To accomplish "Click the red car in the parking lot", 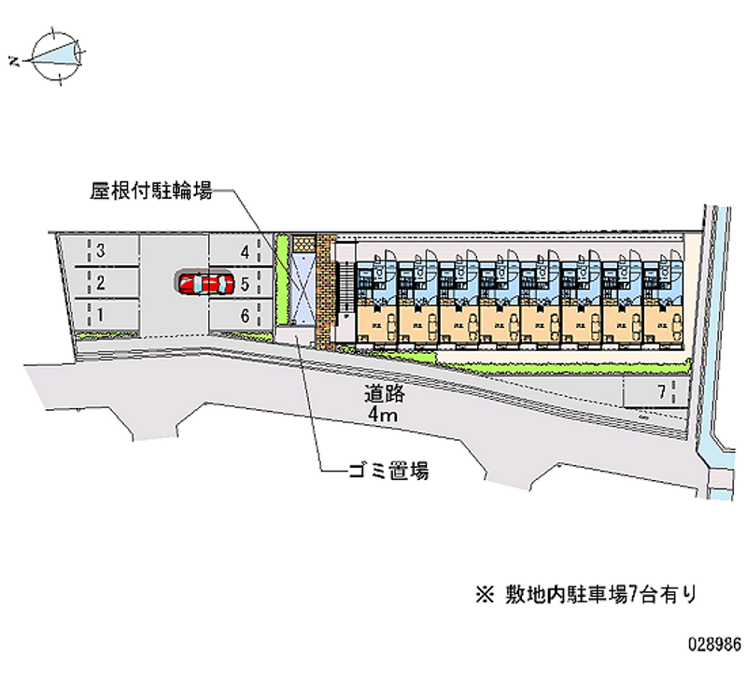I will [205, 283].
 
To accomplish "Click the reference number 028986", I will [714, 644].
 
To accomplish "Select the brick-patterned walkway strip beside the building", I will [325, 290].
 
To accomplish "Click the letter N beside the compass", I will [14, 62].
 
